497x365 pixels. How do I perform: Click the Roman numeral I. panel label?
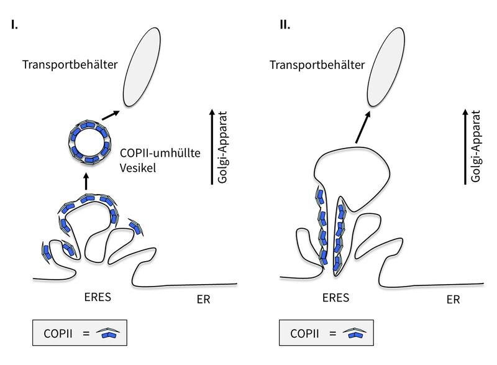(14, 24)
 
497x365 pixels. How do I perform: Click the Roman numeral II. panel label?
(285, 24)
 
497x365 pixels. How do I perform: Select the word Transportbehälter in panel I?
(70, 65)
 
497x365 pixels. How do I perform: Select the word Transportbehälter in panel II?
(317, 65)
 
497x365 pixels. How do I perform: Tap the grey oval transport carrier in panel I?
(142, 67)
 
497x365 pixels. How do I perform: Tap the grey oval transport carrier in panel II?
(386, 67)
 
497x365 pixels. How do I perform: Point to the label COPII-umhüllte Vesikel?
(160, 160)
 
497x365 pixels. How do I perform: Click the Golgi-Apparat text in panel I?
(222, 147)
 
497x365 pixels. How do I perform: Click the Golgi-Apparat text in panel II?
(476, 146)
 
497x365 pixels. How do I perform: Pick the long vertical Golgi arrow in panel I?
(212, 147)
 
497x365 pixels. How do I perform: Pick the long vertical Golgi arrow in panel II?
(465, 147)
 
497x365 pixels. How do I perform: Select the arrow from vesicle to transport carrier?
(111, 116)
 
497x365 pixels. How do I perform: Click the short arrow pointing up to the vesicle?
(86, 182)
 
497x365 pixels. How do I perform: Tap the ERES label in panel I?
(98, 297)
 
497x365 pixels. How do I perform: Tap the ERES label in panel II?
(335, 298)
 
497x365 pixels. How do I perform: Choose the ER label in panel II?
(453, 299)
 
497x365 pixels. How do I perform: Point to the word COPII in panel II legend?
(304, 334)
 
